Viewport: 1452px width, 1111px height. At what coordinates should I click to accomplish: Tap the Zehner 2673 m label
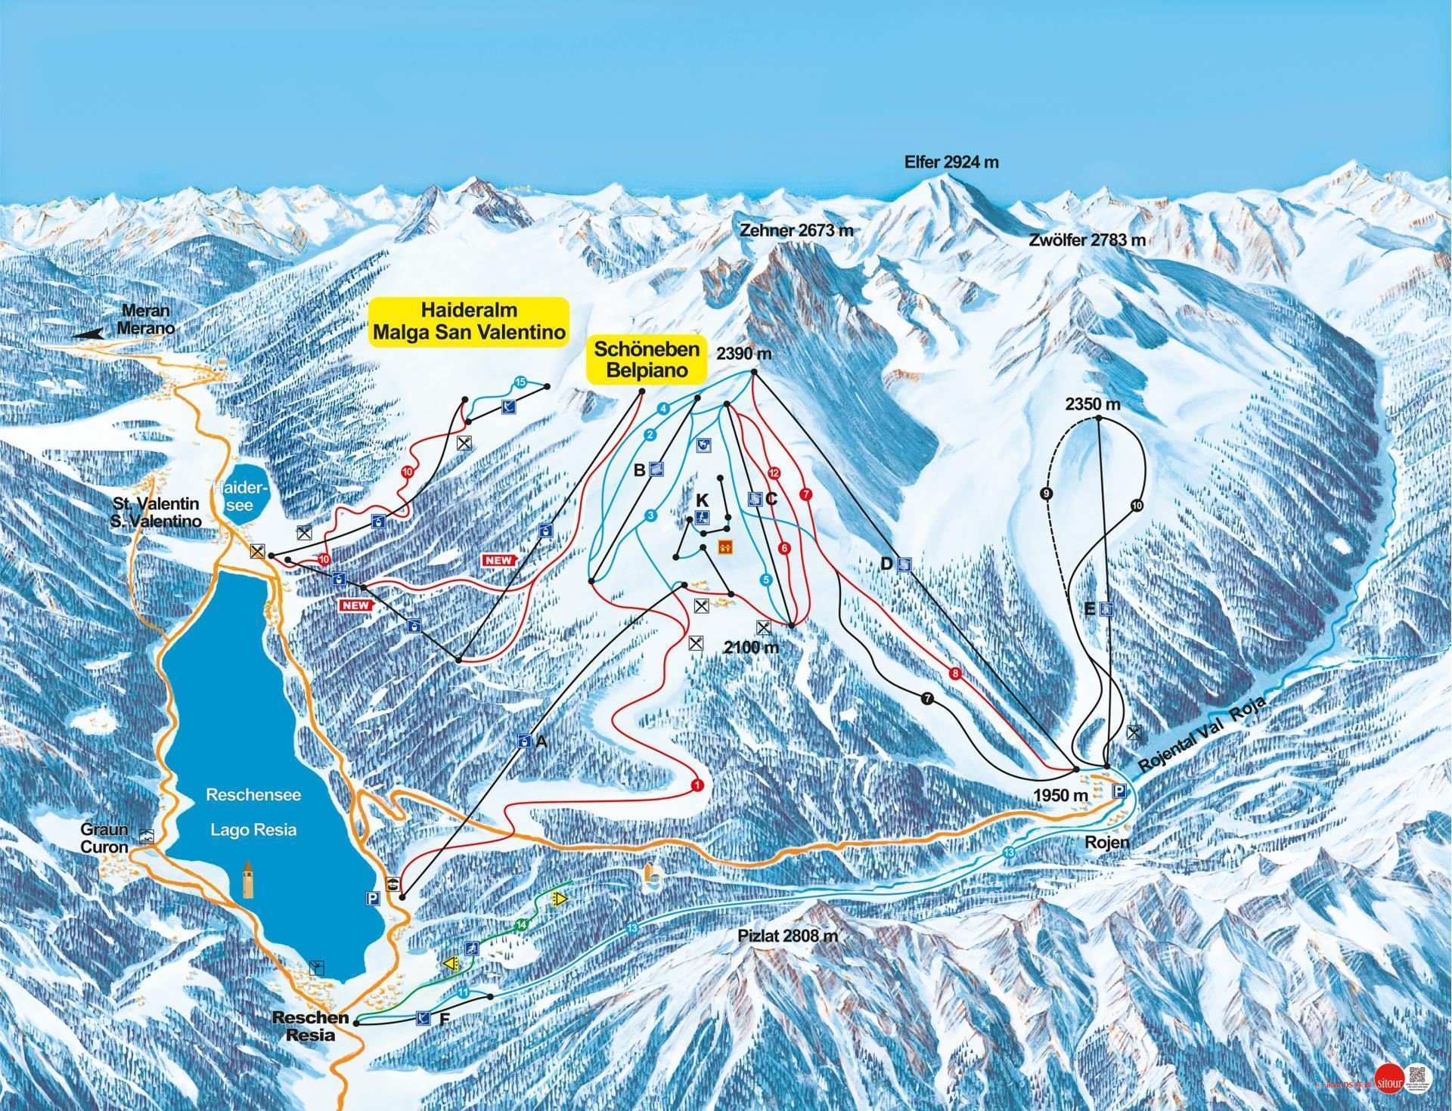tap(796, 231)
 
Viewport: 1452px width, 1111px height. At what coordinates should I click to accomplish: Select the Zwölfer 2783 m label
tap(1087, 240)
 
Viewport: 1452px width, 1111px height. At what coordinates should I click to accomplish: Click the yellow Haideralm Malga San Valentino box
tap(469, 321)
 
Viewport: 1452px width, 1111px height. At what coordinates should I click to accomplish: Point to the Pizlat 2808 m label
tap(788, 936)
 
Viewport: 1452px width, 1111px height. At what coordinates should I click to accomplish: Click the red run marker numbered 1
tap(697, 786)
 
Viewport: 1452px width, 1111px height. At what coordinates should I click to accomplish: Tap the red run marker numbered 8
tap(956, 674)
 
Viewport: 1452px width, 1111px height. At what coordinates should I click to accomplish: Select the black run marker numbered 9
tap(1047, 494)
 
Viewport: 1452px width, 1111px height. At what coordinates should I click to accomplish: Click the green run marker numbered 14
tap(521, 924)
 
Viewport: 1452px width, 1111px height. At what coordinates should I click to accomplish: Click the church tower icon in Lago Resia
tap(249, 879)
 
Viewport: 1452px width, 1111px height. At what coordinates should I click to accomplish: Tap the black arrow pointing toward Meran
tap(88, 333)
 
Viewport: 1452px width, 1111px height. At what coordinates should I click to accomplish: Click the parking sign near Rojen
tap(1118, 791)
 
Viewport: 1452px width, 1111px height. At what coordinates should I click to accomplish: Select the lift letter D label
tap(887, 563)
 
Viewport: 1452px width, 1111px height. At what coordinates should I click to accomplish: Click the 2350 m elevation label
tap(1093, 404)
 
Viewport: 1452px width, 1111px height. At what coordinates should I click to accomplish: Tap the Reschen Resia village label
tap(311, 1026)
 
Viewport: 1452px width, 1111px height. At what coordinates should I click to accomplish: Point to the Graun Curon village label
tap(104, 839)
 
